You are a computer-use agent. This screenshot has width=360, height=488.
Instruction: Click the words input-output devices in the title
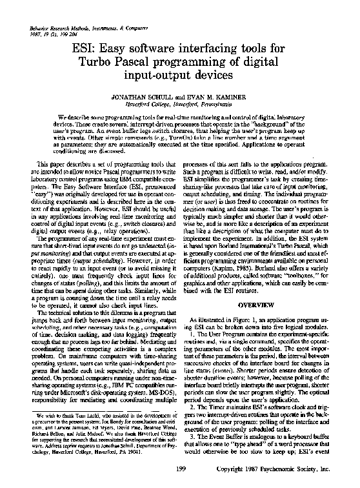coord(180,75)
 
